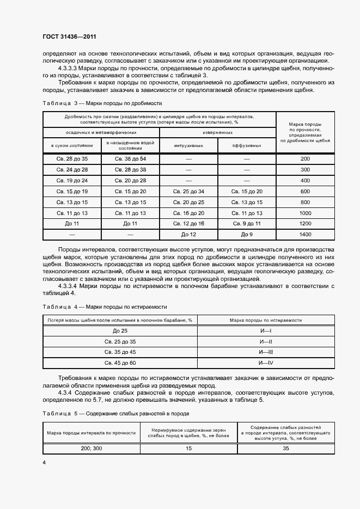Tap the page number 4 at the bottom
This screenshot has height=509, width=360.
pyautogui.click(x=44, y=462)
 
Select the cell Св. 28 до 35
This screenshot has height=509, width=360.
pyautogui.click(x=72, y=158)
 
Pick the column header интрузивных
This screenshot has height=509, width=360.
pyautogui.click(x=188, y=145)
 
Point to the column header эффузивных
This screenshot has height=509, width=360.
pyautogui.click(x=247, y=145)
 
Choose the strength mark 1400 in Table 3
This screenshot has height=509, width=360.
pyautogui.click(x=305, y=234)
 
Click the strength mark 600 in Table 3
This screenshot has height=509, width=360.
pyautogui.click(x=305, y=191)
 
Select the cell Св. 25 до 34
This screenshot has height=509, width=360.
pyautogui.click(x=188, y=191)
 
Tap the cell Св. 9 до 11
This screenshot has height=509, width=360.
pyautogui.click(x=247, y=224)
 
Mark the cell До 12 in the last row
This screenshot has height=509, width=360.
pyautogui.click(x=188, y=234)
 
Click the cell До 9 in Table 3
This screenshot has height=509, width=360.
pyautogui.click(x=247, y=234)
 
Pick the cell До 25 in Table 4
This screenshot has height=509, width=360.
pyautogui.click(x=120, y=331)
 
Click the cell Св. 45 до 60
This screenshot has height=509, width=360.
pyautogui.click(x=120, y=363)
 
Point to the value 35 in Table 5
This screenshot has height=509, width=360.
pyautogui.click(x=285, y=449)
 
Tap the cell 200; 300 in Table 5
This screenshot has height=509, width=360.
pyautogui.click(x=91, y=449)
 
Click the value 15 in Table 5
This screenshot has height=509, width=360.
pyautogui.click(x=188, y=449)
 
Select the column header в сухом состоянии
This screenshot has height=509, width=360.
pyautogui.click(x=72, y=145)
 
